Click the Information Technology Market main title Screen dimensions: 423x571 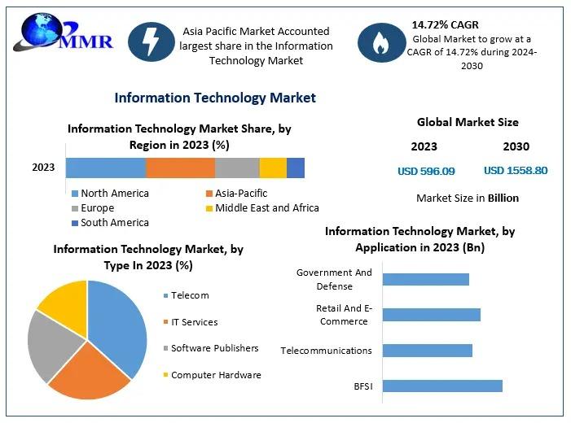click(x=215, y=98)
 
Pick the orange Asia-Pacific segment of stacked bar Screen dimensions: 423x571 click(x=180, y=168)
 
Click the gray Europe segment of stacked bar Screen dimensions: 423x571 click(x=237, y=168)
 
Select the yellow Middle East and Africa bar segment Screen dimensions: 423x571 click(x=273, y=168)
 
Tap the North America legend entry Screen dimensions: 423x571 click(x=114, y=194)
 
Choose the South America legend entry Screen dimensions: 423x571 click(x=114, y=223)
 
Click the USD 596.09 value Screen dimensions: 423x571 click(x=426, y=171)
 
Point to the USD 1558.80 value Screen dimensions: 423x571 click(x=516, y=171)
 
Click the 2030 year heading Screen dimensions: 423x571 click(x=516, y=146)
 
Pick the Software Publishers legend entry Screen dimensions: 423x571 click(x=214, y=348)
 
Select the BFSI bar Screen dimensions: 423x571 click(x=442, y=386)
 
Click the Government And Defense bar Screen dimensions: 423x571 click(x=426, y=279)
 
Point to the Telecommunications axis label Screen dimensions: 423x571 click(x=326, y=351)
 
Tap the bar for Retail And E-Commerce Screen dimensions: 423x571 click(x=432, y=315)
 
